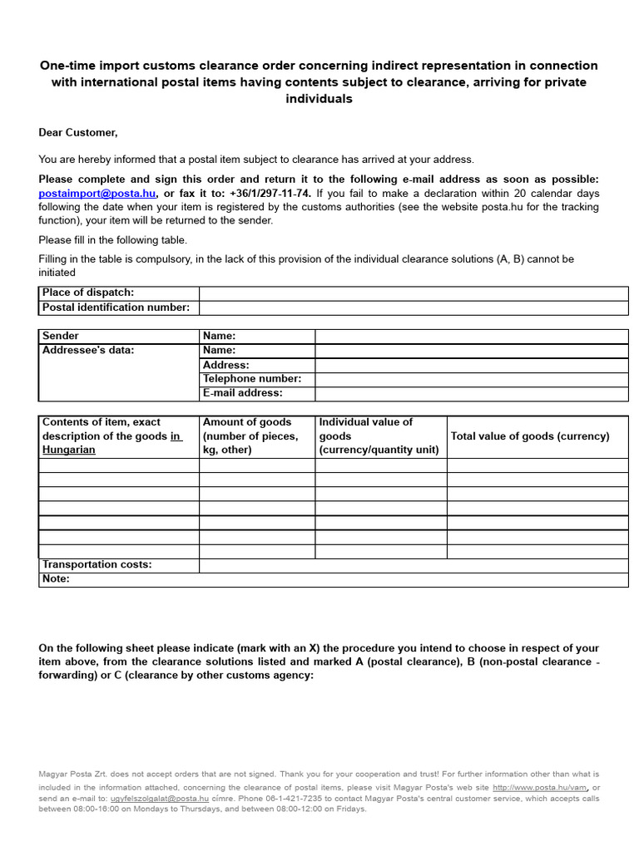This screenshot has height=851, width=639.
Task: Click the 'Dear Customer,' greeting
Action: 78,132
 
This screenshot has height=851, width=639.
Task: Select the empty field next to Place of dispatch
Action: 413,293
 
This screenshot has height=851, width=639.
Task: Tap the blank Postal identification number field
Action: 413,307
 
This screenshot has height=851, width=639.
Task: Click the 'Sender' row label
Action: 61,336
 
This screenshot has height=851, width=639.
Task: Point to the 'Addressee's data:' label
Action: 87,350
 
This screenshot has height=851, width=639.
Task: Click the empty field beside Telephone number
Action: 471,379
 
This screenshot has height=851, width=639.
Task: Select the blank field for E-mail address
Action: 471,393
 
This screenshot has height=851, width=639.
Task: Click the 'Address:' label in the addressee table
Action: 225,365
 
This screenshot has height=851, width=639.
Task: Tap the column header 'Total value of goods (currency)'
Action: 529,436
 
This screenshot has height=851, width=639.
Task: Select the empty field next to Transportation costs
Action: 413,565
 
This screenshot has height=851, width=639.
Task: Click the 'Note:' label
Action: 56,579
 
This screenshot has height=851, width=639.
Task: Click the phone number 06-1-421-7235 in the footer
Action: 298,797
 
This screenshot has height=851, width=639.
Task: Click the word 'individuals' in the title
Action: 319,99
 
